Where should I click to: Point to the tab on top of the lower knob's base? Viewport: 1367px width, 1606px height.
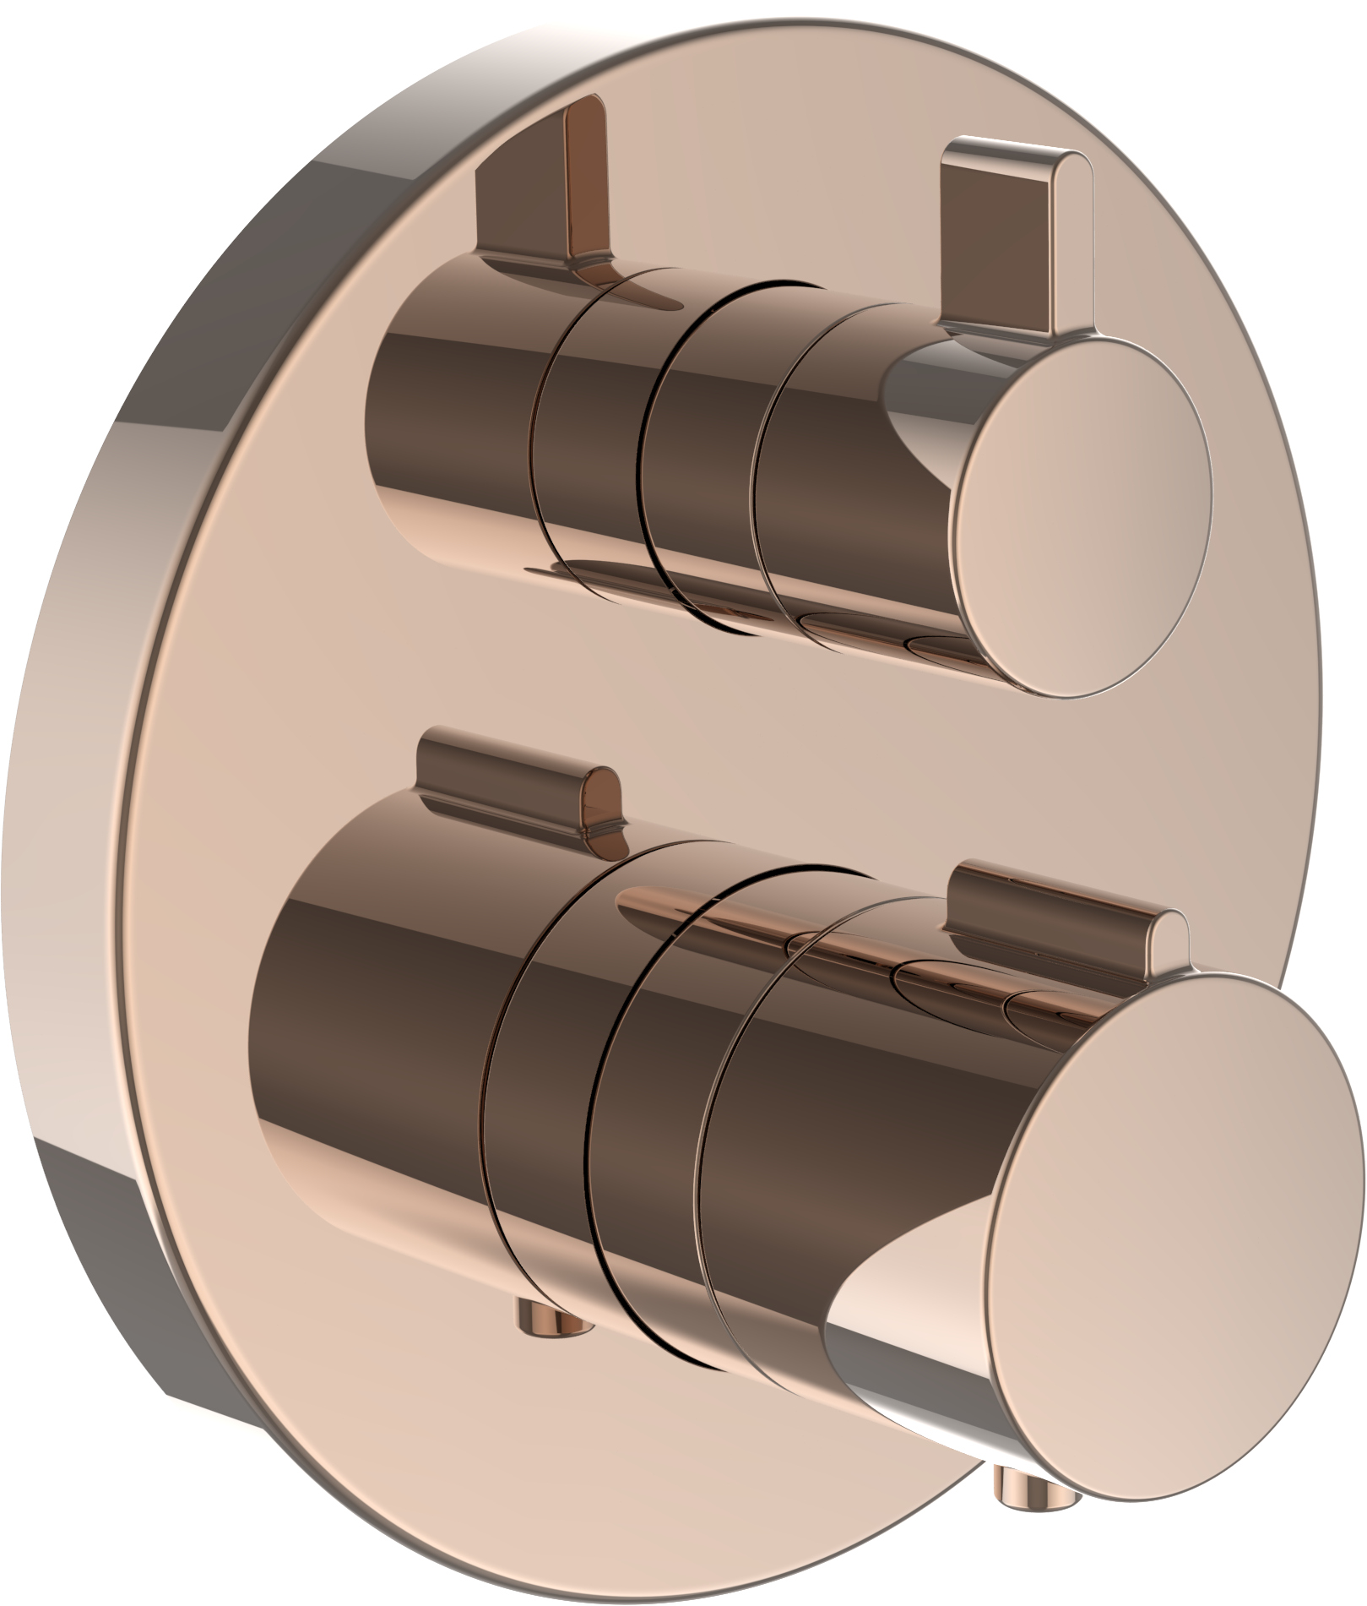pos(515,774)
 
